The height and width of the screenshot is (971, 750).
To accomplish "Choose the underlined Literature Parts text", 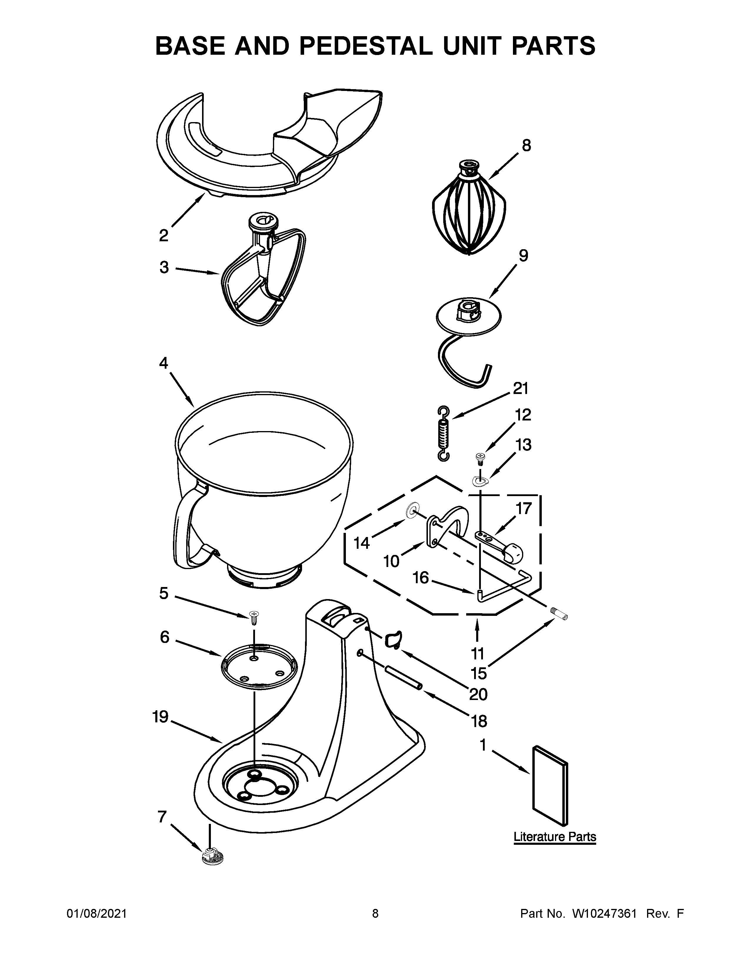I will (x=554, y=837).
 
